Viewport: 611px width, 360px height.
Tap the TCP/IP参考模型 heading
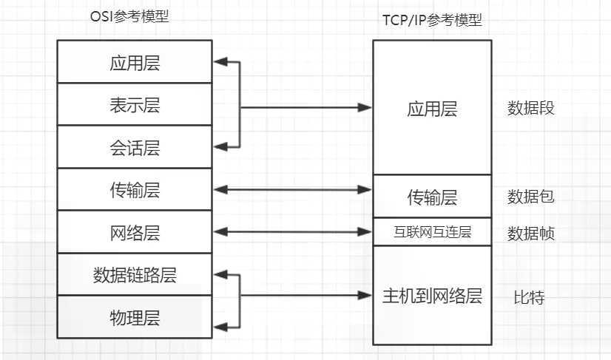pos(431,21)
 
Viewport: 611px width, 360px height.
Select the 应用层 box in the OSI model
pos(135,62)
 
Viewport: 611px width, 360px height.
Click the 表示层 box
pos(135,105)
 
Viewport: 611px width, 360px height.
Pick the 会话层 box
pos(135,148)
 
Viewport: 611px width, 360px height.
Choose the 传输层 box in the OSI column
pos(135,190)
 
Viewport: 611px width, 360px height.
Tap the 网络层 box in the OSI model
pos(135,233)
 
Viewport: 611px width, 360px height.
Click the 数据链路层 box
pos(135,275)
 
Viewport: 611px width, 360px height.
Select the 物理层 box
pos(135,318)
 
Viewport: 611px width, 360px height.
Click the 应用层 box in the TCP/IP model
pos(432,109)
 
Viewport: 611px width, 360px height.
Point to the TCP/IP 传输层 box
pos(432,197)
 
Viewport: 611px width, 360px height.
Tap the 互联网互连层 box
pos(432,232)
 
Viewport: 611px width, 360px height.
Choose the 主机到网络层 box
pos(432,296)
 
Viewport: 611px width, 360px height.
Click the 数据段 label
pos(530,108)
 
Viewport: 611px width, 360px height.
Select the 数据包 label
pos(530,196)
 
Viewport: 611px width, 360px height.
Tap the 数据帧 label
pos(530,234)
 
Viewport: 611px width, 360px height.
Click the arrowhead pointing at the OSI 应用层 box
pos(220,63)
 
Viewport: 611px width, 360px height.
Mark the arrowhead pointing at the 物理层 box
pos(220,325)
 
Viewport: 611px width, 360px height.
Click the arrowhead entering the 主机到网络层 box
pos(365,296)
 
